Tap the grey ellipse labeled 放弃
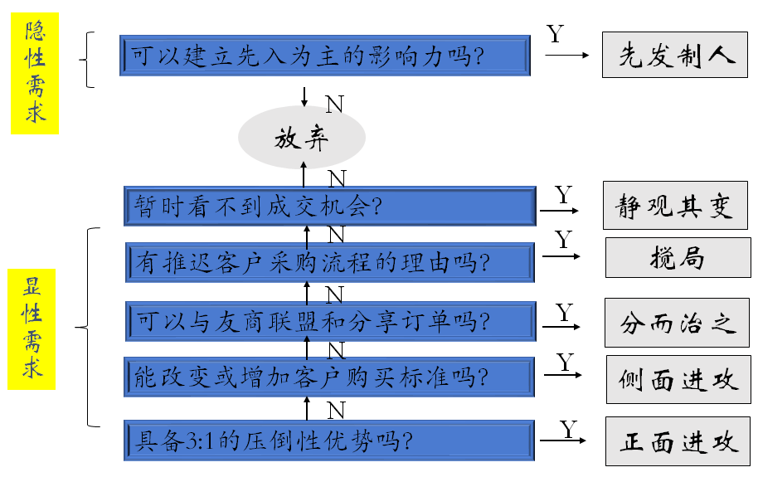[x=302, y=138]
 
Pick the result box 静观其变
[x=675, y=206]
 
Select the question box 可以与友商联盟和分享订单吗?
[x=330, y=320]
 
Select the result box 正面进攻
[x=678, y=440]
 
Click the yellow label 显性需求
[x=32, y=329]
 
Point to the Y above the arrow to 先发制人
[x=556, y=34]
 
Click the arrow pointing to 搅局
[x=561, y=256]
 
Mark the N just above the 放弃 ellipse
[x=334, y=104]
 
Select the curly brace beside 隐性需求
[x=88, y=60]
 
